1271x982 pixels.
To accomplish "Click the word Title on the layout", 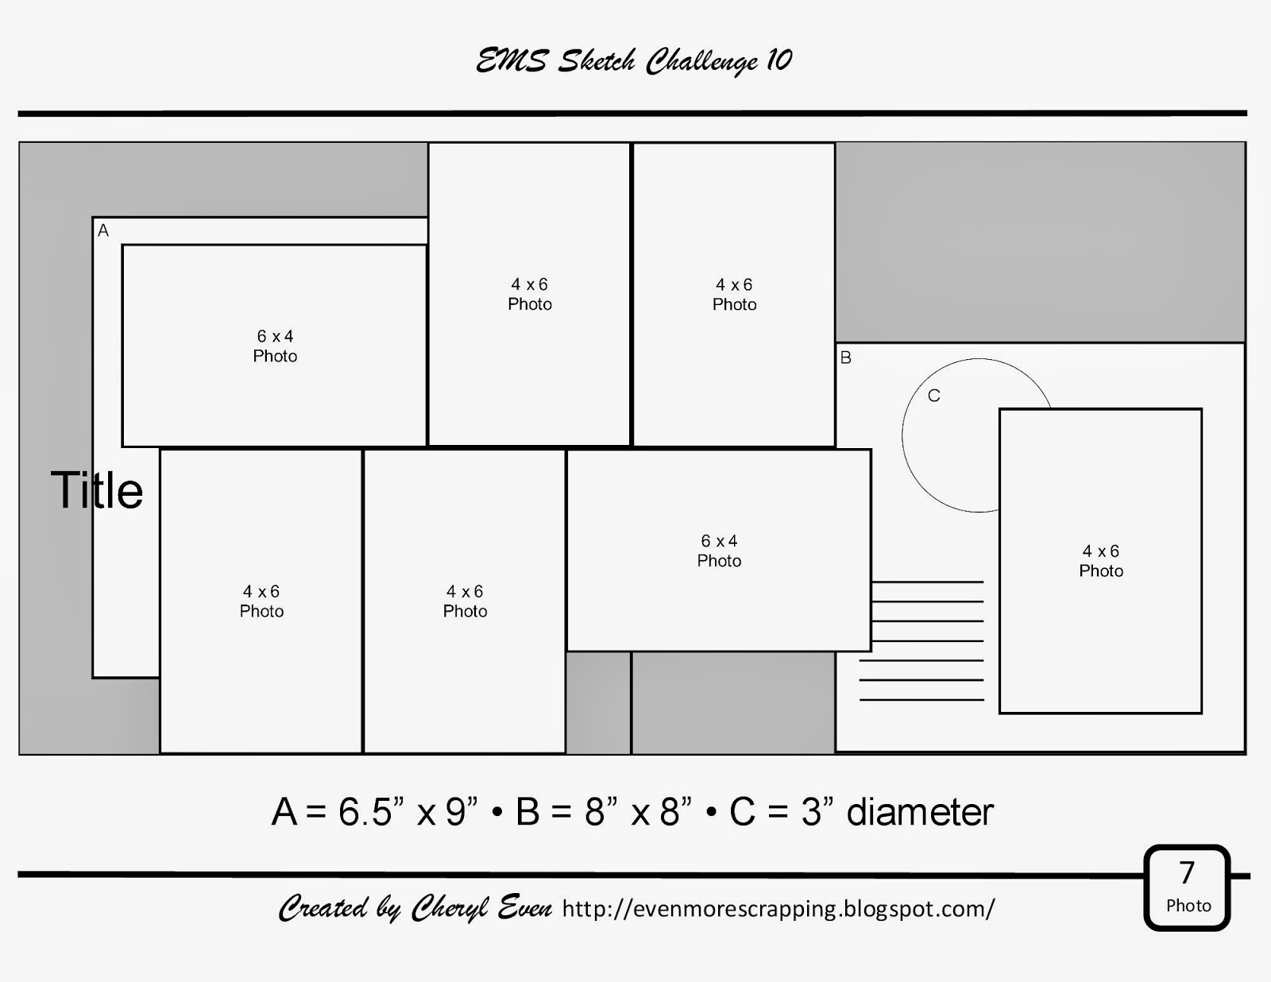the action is pyautogui.click(x=96, y=490).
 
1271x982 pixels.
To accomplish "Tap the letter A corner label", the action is pyautogui.click(x=103, y=230).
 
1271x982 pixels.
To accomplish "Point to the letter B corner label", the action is pyautogui.click(x=846, y=358).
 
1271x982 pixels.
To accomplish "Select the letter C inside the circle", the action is pyautogui.click(x=934, y=396).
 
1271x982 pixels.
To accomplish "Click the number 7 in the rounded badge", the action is pyautogui.click(x=1187, y=872).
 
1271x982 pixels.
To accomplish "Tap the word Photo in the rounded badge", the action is pyautogui.click(x=1188, y=906).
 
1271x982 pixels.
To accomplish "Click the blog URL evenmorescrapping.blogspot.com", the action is pyautogui.click(x=778, y=908).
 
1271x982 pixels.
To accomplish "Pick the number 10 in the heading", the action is pyautogui.click(x=780, y=60).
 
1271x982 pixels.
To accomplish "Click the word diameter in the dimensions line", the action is pyautogui.click(x=920, y=812).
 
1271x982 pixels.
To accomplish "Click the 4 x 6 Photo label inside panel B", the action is pyautogui.click(x=1101, y=561).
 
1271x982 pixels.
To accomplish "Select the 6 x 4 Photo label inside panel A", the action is pyautogui.click(x=275, y=346).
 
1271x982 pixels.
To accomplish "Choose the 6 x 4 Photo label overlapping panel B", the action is pyautogui.click(x=719, y=551).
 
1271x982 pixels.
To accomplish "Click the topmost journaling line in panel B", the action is pyautogui.click(x=927, y=582).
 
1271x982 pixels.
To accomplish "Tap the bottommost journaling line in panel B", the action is pyautogui.click(x=921, y=699).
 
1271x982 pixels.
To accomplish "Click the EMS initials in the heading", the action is pyautogui.click(x=512, y=61).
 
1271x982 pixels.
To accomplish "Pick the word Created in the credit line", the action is pyautogui.click(x=323, y=908).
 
